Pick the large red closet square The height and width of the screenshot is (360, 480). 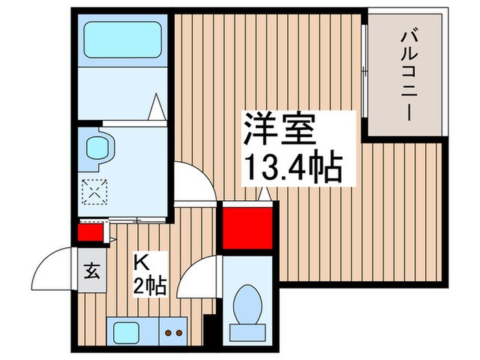point(247,226)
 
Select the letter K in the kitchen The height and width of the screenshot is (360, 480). point(141,261)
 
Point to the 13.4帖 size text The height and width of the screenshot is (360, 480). point(292,167)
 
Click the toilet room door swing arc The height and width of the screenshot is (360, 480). point(199,276)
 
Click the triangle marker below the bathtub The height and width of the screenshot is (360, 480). point(157,107)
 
